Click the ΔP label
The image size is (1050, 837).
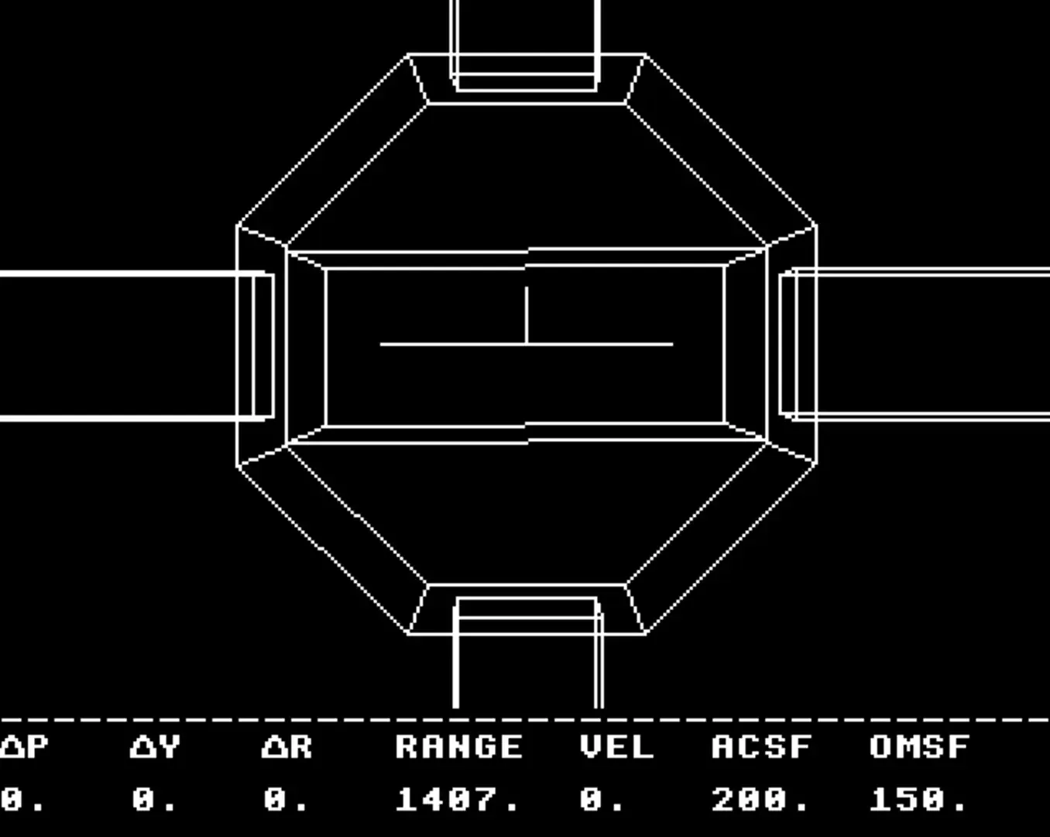coord(24,747)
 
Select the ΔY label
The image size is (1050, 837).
coord(155,747)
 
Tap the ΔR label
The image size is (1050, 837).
coord(287,747)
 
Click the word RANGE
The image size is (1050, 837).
coord(458,747)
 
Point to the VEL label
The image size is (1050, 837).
coord(616,747)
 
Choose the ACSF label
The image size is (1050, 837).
coord(762,747)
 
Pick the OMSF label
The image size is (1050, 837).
coord(919,747)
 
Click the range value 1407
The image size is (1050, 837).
coord(457,800)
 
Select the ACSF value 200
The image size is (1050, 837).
coord(759,800)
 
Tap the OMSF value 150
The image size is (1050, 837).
coord(918,800)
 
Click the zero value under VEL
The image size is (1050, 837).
coord(601,800)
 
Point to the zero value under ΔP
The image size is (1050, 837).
coord(22,800)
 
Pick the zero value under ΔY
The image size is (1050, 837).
coord(153,800)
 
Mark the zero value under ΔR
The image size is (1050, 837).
coord(285,800)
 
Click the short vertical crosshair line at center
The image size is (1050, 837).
coord(527,315)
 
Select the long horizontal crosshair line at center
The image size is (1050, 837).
coord(527,344)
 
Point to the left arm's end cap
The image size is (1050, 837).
coord(263,346)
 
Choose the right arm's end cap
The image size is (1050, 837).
coord(788,344)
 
